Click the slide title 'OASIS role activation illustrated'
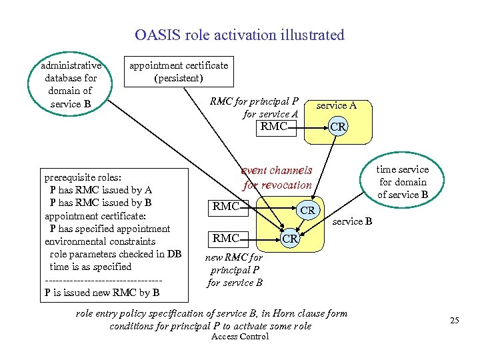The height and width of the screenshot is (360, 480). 239,35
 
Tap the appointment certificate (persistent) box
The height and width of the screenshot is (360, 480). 178,71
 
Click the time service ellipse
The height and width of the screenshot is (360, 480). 403,181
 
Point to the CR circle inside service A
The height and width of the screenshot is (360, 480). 338,126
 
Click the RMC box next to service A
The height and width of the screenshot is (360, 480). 275,126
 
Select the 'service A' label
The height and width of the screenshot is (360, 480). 335,105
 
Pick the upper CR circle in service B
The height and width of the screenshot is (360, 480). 307,210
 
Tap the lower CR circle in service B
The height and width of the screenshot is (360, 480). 289,238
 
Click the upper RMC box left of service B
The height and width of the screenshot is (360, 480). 226,207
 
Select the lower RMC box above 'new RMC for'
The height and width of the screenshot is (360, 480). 226,238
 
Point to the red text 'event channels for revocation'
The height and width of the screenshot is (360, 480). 277,178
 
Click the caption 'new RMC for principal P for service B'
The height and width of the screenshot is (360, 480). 235,270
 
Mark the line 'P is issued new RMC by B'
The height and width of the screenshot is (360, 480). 101,292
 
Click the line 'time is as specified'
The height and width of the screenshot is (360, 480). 91,267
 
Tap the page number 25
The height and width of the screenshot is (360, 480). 455,321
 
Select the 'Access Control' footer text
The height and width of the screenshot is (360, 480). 239,337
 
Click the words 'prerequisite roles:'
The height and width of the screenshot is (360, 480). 83,178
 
